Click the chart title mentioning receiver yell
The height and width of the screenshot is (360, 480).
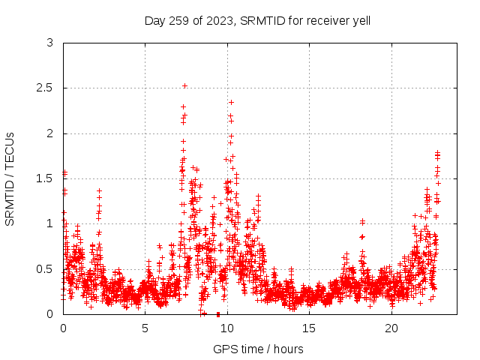[x=257, y=20]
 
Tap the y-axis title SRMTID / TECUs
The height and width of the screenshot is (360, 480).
[x=10, y=178]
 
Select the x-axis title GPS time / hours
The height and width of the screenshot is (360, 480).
[x=258, y=349]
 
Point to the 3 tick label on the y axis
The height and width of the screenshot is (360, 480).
[x=49, y=43]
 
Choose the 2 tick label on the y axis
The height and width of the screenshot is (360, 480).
[x=49, y=133]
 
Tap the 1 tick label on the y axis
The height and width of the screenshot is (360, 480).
[x=49, y=223]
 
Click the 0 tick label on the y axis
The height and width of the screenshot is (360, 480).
[x=49, y=314]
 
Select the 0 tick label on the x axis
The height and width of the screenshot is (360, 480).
[x=63, y=328]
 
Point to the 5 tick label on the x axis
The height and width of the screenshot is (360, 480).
[x=145, y=328]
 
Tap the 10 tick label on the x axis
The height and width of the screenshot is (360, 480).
[x=227, y=328]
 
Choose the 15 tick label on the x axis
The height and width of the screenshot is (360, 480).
[x=310, y=328]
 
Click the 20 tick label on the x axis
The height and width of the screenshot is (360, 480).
[x=391, y=328]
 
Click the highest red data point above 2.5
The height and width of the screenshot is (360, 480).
[x=184, y=85]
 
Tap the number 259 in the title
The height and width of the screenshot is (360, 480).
[x=178, y=20]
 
